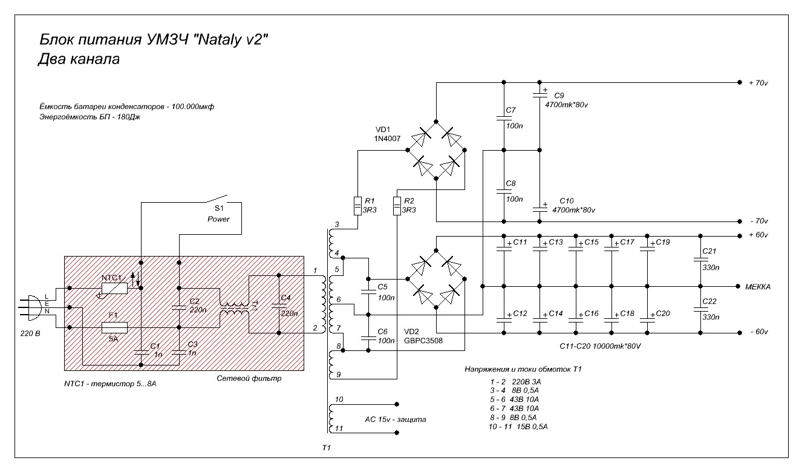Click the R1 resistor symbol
pos(357,206)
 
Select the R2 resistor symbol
pos(397,206)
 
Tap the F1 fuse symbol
pos(114,327)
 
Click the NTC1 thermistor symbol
pos(114,288)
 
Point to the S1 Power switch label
pos(218,214)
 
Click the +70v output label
pos(758,83)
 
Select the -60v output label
pos(759,332)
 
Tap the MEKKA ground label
pos(758,287)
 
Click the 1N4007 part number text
pos(387,139)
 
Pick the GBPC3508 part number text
pos(423,341)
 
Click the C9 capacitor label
pos(559,96)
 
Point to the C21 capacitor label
pos(709,251)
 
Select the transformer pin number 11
pos(339,428)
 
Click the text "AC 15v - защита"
pos(396,419)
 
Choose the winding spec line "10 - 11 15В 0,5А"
pos(518,427)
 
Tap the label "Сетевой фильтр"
pos(249,379)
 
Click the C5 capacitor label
pos(382,287)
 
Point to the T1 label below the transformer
pos(327,448)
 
